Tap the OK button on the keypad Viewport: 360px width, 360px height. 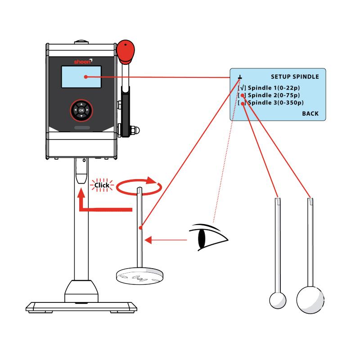(x=81, y=110)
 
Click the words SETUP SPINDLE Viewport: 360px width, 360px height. (x=295, y=77)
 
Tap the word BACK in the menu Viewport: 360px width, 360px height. (x=310, y=114)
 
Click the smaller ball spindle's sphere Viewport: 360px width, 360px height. (x=277, y=300)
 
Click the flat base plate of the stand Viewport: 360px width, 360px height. (x=81, y=308)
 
